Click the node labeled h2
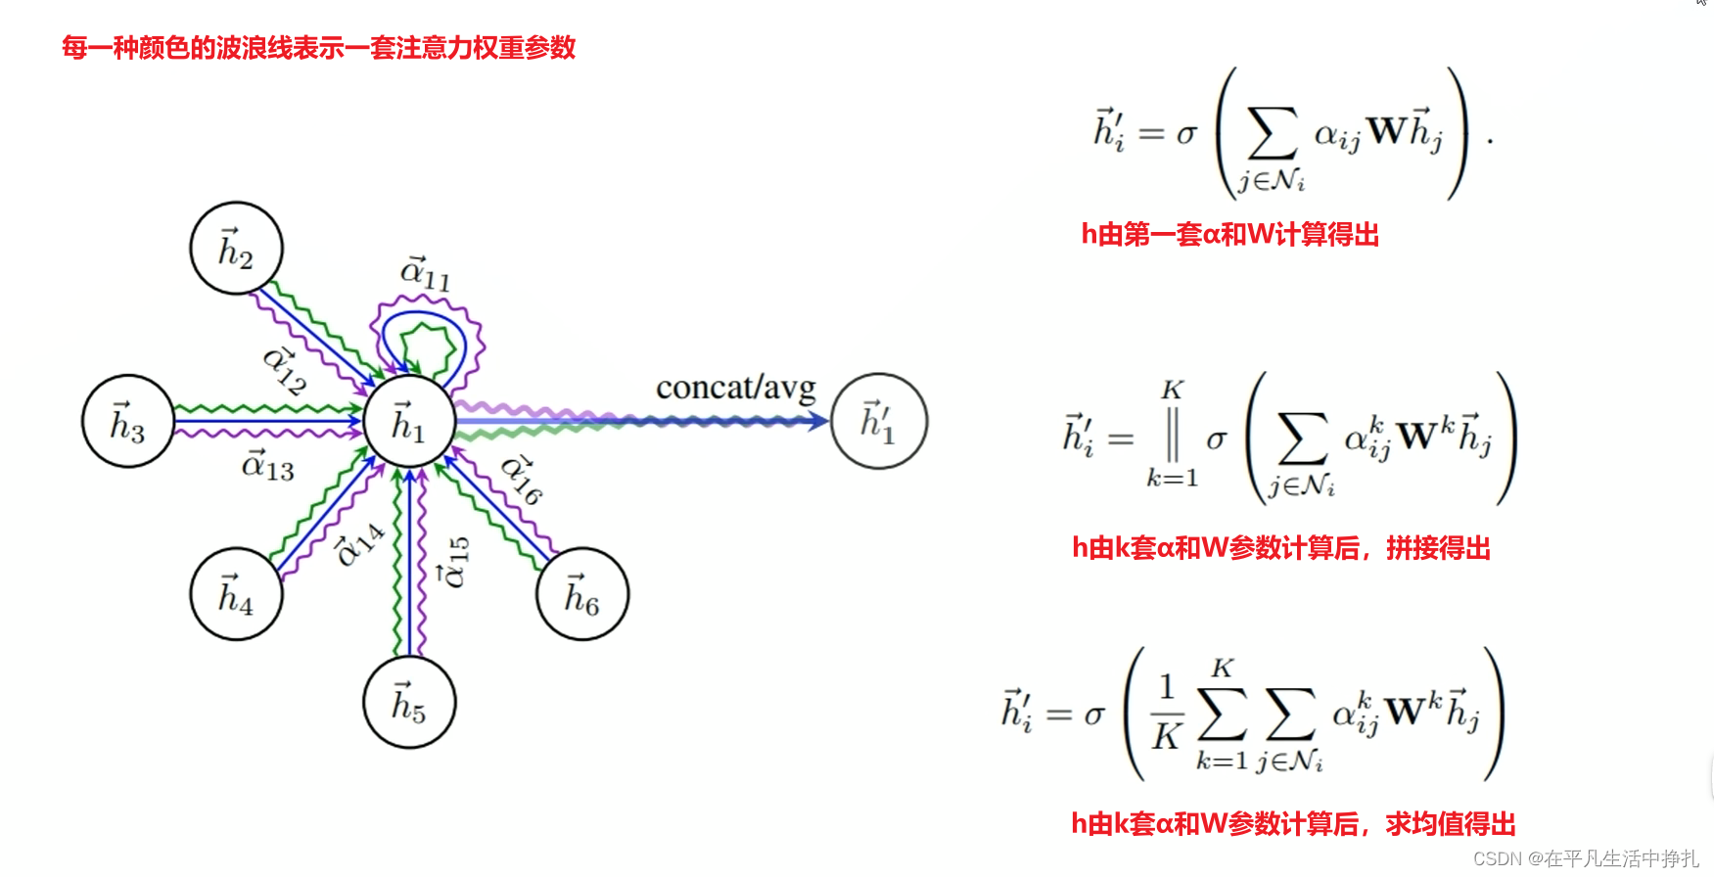tap(236, 249)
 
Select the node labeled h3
tap(128, 422)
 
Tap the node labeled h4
tap(236, 594)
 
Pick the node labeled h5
tap(409, 702)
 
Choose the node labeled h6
tap(582, 594)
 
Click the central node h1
tap(409, 422)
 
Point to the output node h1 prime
tap(879, 422)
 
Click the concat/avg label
tap(735, 389)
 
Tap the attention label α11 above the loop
tap(426, 273)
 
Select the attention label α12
tap(285, 371)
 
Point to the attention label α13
tap(267, 466)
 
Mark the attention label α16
tap(521, 480)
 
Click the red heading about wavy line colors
tap(318, 47)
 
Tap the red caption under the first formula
tap(1229, 235)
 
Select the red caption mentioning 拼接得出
tap(1280, 548)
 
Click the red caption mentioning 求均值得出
tap(1292, 824)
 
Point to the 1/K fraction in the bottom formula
tap(1166, 713)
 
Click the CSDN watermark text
tap(1585, 858)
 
